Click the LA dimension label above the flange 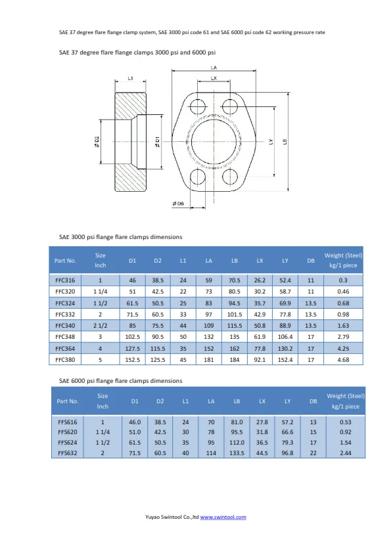pos(214,68)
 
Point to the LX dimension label pos(214,78)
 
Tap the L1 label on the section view pos(130,78)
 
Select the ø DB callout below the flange pos(178,204)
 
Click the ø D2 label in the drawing pos(97,141)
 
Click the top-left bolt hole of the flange pos(198,106)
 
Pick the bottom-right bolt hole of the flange pos(230,176)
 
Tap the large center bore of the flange pos(214,141)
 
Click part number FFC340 pos(65,326)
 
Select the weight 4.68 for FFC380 pos(343,360)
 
